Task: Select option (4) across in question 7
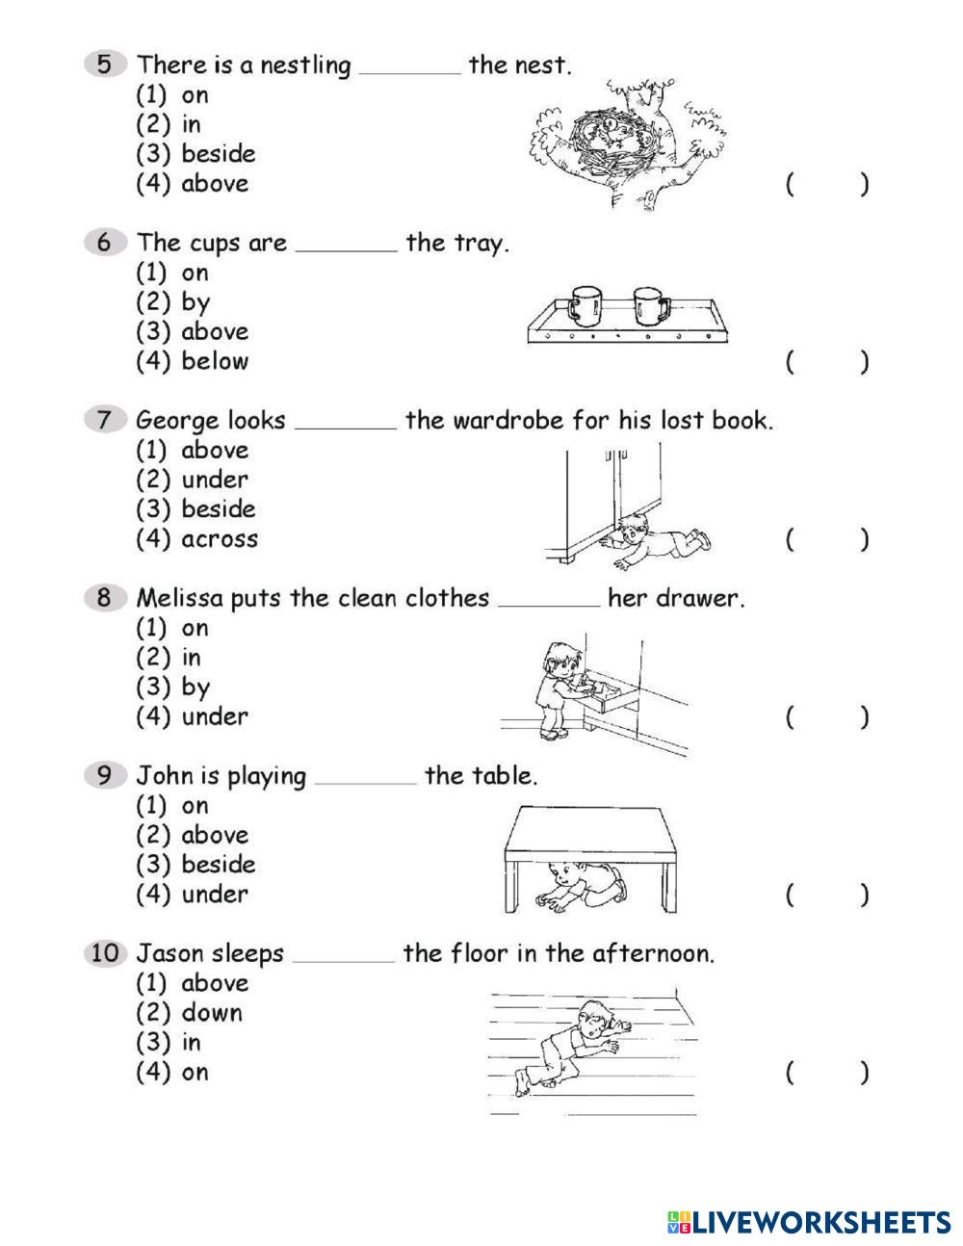pos(196,539)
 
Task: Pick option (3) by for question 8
pos(173,688)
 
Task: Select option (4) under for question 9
pos(192,895)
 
